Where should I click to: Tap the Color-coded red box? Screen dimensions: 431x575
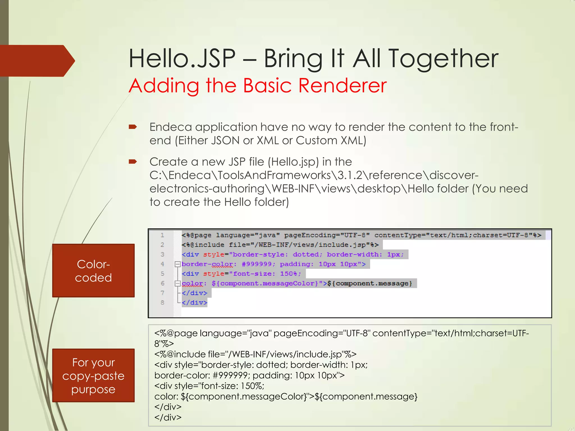93,270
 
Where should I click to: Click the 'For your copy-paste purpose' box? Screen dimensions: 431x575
93,375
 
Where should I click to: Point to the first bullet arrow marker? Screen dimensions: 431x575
133,127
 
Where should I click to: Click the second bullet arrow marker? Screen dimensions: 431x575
133,162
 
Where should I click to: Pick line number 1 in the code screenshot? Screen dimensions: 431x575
162,235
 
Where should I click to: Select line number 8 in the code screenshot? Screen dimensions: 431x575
162,302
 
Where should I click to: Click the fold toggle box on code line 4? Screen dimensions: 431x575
177,264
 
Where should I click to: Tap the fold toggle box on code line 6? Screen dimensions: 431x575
177,283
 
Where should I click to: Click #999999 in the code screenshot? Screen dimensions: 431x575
257,264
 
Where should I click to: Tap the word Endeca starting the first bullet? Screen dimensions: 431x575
171,127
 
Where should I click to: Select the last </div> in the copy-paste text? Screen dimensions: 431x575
168,418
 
